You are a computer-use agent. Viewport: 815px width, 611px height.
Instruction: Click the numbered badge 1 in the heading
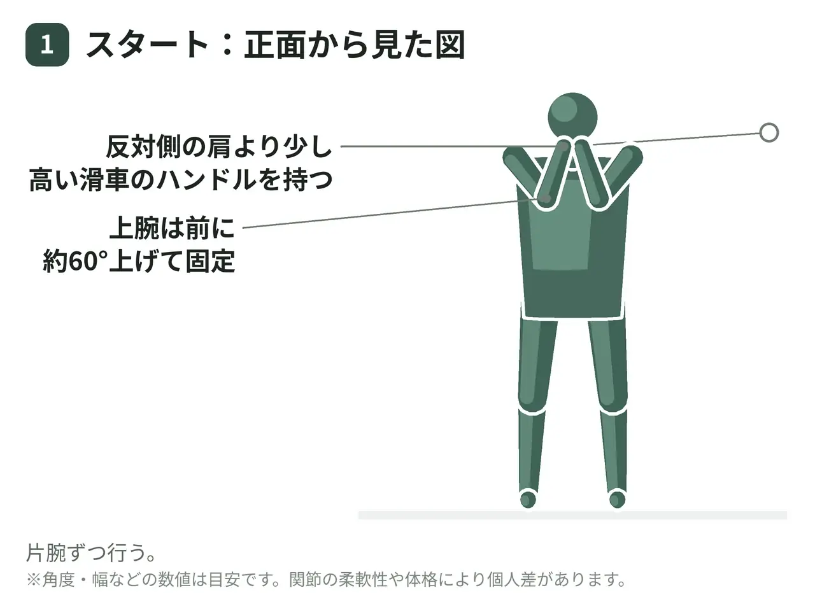pos(47,45)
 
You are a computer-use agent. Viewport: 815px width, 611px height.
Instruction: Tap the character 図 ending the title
pos(450,45)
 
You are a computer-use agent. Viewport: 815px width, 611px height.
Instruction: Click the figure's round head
pos(572,118)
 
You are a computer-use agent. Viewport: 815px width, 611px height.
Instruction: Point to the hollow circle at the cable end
pos(769,132)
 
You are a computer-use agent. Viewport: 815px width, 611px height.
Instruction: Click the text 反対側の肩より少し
pos(218,147)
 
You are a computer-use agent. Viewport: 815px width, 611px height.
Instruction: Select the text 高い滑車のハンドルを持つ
pos(180,180)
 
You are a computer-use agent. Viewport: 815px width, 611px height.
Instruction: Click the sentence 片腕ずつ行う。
pos(91,552)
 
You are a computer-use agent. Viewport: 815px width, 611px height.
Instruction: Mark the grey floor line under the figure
pos(572,515)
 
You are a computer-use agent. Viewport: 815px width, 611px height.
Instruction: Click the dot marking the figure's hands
pos(563,146)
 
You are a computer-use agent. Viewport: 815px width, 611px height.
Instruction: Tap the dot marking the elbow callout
pos(546,198)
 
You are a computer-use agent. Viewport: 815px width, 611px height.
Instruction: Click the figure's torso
pos(572,237)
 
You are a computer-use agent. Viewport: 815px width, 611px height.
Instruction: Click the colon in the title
pos(227,45)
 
